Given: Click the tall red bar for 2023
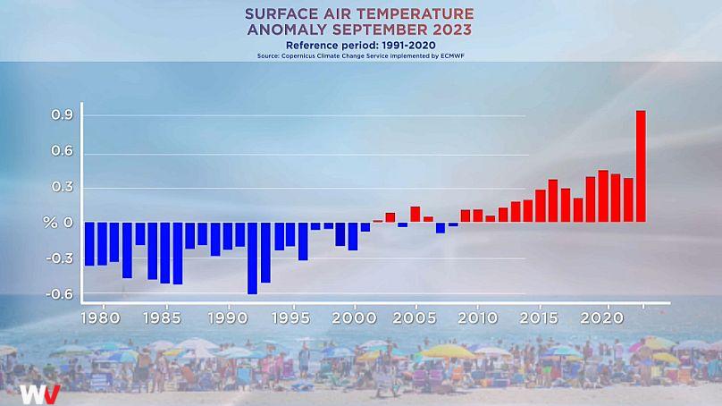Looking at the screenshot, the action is [x=641, y=166].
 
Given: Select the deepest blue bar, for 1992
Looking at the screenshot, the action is [x=252, y=258].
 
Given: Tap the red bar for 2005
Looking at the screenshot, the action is [x=415, y=215].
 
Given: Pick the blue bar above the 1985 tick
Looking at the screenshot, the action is [x=164, y=252].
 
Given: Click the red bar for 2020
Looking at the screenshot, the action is [x=603, y=197].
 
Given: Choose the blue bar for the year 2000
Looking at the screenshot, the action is [x=353, y=236].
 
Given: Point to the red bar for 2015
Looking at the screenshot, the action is [x=540, y=206].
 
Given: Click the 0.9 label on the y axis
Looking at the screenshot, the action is [x=63, y=114].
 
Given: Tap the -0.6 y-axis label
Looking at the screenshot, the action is [x=60, y=293].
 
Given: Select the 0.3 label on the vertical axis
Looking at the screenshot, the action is [x=63, y=187].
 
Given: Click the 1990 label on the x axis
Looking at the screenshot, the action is [x=228, y=318].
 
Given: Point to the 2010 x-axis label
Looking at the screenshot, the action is [x=477, y=318].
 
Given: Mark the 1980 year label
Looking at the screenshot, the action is [x=100, y=318].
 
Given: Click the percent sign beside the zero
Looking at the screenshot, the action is [x=50, y=223].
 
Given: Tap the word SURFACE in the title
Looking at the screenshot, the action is [x=281, y=13].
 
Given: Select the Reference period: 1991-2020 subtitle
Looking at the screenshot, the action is [x=360, y=46].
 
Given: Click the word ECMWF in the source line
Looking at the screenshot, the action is [x=453, y=56].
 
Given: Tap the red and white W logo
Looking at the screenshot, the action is [x=39, y=394].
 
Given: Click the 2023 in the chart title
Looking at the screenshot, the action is [x=452, y=30].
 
